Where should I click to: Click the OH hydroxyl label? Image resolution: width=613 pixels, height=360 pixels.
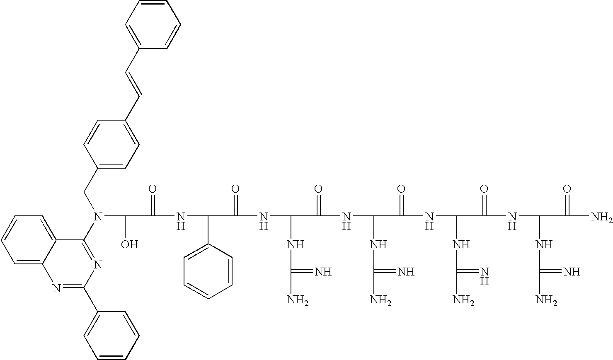[x=129, y=244]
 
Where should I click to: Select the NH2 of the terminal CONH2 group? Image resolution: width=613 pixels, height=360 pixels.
[x=601, y=217]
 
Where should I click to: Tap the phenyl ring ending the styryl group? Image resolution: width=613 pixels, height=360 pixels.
[x=153, y=25]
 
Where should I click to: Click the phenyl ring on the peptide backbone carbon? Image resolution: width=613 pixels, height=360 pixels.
[x=208, y=271]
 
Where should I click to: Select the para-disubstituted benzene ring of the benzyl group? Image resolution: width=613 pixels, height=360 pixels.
[x=111, y=144]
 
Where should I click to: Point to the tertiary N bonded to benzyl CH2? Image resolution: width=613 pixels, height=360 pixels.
[x=98, y=216]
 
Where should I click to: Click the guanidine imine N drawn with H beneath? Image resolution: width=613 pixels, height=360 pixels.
[x=485, y=276]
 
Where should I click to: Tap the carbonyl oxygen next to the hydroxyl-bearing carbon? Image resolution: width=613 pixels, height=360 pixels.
[x=153, y=189]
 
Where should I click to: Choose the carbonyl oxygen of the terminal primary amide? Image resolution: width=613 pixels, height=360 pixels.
[x=567, y=189]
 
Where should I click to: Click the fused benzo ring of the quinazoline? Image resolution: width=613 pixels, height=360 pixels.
[x=29, y=239]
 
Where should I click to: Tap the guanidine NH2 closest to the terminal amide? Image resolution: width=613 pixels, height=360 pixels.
[x=546, y=300]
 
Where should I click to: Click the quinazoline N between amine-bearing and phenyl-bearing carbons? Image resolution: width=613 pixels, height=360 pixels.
[x=98, y=264]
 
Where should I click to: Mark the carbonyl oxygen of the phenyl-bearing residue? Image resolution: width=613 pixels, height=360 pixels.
[x=235, y=189]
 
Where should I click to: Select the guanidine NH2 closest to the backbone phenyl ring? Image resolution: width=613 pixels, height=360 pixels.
[x=298, y=300]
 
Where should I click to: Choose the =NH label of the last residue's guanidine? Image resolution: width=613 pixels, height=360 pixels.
[x=571, y=272]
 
